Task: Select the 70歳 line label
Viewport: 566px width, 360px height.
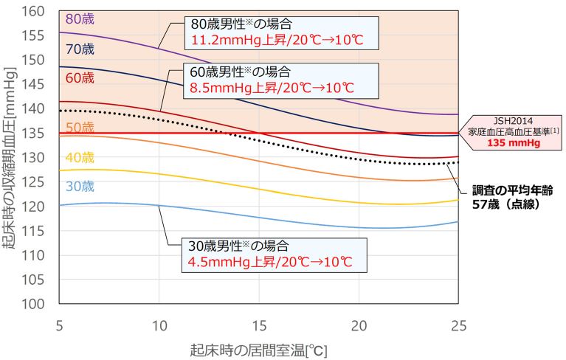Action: pos(79,49)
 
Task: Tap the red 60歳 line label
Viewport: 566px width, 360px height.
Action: pos(79,77)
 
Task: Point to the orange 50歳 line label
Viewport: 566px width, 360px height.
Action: pos(79,128)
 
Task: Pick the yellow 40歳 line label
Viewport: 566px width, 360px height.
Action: pos(79,157)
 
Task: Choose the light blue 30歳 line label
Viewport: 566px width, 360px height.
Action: pos(79,186)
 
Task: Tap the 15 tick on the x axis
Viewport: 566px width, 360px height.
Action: pos(258,325)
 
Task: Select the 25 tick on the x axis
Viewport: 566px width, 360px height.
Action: pos(458,325)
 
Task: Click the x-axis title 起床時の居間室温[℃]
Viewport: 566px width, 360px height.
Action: pos(258,349)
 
